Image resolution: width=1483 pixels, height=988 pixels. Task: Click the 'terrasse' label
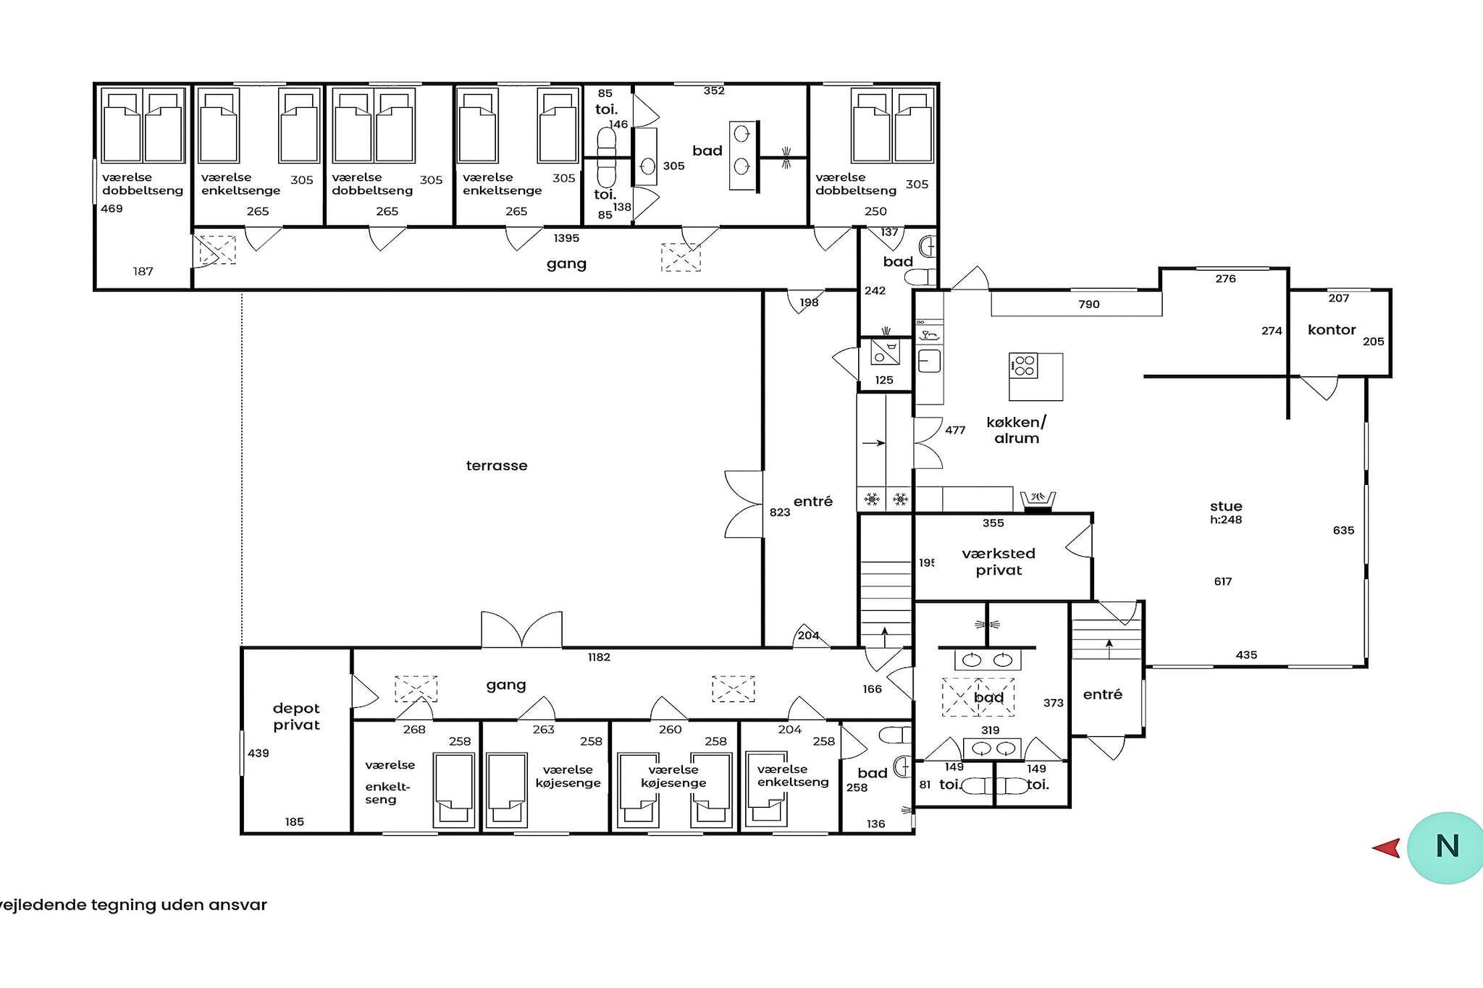(497, 465)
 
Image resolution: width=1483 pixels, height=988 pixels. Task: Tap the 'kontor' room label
(1332, 330)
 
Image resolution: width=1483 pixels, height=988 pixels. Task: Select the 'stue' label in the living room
(1226, 506)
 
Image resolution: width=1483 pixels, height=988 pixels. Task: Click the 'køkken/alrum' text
(1017, 430)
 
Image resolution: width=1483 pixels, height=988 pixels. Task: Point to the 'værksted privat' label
(999, 562)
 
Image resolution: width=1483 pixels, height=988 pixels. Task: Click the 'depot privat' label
(296, 717)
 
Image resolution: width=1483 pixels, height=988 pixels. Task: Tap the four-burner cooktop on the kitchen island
(1024, 366)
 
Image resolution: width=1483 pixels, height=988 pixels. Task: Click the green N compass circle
(1445, 848)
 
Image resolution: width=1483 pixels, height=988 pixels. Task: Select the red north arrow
(1386, 848)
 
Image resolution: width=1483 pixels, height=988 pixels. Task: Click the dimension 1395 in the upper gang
(566, 238)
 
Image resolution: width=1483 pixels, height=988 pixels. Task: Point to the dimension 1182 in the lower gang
(599, 657)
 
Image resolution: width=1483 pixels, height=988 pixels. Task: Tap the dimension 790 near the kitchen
(1089, 305)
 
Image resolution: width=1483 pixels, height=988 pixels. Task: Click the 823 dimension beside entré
(780, 512)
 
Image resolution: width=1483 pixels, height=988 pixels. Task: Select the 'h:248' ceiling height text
(1226, 520)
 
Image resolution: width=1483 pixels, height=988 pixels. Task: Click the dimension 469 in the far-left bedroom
(112, 208)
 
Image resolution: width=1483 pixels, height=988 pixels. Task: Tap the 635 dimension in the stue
(1343, 531)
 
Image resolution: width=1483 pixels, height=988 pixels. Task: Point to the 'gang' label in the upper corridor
(566, 264)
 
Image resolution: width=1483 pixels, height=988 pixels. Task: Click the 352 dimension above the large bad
(714, 91)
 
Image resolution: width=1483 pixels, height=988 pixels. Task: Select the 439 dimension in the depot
(259, 753)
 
